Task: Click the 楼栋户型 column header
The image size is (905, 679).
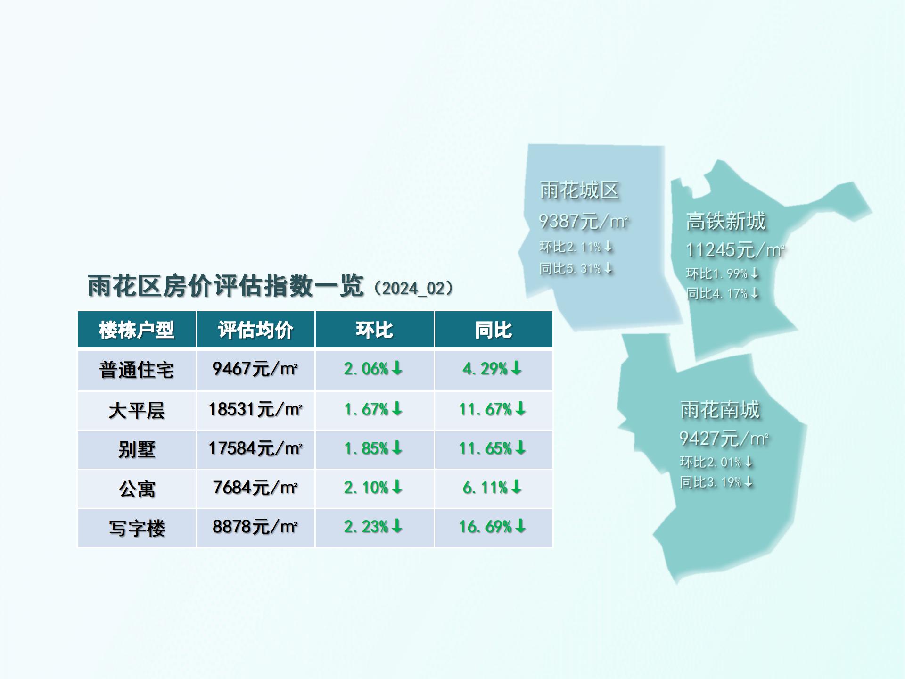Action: click(137, 330)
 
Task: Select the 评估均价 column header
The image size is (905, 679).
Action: click(255, 330)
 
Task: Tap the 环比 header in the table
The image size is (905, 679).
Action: click(374, 330)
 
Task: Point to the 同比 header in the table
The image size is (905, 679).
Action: click(493, 330)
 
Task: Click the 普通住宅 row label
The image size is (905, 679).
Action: click(137, 370)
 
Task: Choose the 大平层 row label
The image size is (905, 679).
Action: click(137, 410)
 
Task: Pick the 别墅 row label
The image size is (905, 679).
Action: click(137, 449)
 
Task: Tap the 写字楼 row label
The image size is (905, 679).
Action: click(137, 528)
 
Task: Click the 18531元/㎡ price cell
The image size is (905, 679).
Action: click(255, 409)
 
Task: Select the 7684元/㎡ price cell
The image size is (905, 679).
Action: click(255, 487)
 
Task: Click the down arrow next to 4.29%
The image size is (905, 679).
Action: click(517, 368)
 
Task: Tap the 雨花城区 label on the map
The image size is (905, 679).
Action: click(579, 190)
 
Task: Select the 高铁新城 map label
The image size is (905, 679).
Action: click(726, 221)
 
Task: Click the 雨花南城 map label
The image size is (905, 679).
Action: click(720, 409)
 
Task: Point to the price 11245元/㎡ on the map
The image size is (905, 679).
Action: click(735, 250)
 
